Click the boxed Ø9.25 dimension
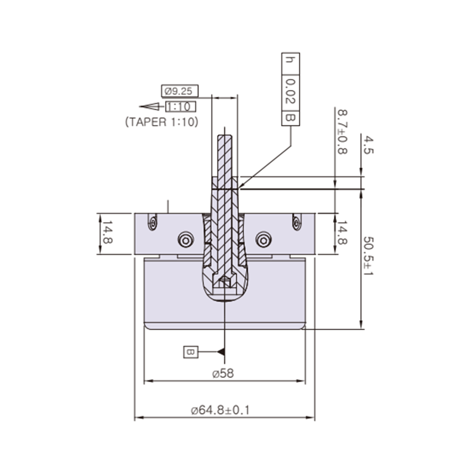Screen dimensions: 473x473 [179, 90]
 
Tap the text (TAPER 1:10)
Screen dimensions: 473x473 [162, 121]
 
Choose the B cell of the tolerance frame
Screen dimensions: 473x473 [290, 117]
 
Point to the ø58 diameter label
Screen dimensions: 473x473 [223, 374]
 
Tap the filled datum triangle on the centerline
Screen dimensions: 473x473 [221, 352]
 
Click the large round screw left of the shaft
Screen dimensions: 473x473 [185, 240]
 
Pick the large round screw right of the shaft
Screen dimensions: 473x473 [263, 240]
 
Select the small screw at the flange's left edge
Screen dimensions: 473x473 [152, 222]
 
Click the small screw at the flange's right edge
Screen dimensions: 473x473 [296, 222]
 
